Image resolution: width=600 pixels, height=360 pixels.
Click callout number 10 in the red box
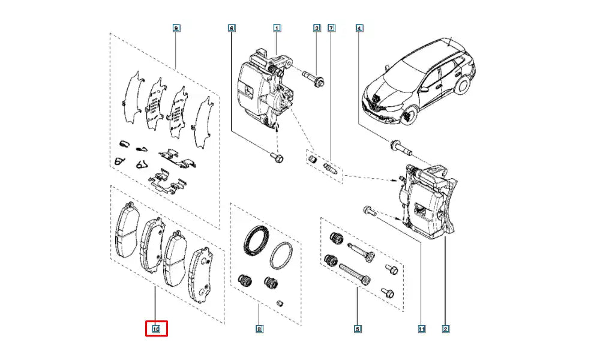(155, 329)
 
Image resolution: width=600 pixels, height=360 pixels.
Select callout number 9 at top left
(176, 28)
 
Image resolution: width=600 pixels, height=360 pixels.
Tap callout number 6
(232, 28)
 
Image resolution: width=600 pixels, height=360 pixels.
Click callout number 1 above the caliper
(277, 28)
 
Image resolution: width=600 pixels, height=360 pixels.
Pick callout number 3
(317, 28)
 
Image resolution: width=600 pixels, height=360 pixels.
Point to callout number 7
(331, 28)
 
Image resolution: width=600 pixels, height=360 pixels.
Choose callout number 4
(359, 28)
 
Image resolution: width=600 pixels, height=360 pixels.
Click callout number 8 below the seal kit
(259, 329)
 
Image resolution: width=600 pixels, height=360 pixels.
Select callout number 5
(357, 329)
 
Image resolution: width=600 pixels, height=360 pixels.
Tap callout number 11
(422, 329)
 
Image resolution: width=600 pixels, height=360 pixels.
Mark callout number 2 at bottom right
(445, 329)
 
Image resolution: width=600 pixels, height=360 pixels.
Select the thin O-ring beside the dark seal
(281, 257)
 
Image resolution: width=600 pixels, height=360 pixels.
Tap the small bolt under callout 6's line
(277, 158)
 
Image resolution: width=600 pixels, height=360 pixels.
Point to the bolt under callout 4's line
(398, 145)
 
